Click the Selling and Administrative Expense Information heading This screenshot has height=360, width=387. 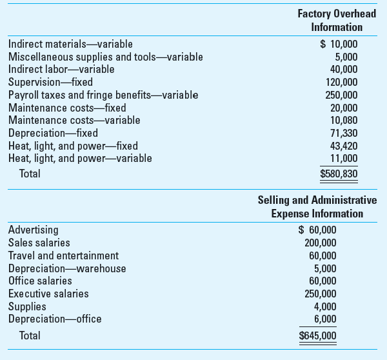coord(317,206)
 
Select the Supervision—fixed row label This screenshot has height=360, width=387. coord(50,82)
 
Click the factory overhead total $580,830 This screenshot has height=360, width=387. coord(339,174)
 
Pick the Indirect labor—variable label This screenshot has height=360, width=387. coord(61,69)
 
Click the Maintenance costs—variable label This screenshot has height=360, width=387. coord(74,120)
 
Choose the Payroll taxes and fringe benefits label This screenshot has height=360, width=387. coord(103,95)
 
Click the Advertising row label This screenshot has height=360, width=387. coord(33,230)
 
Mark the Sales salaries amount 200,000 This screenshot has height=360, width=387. coord(320,243)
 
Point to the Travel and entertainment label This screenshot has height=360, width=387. coord(63,255)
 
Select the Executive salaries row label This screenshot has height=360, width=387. coord(48,294)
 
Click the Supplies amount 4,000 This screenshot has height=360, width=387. coord(324,306)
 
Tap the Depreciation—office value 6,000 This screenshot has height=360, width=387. coord(324,319)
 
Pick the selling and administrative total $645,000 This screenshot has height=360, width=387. coord(317,335)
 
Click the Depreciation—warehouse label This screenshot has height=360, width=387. coord(67,268)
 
